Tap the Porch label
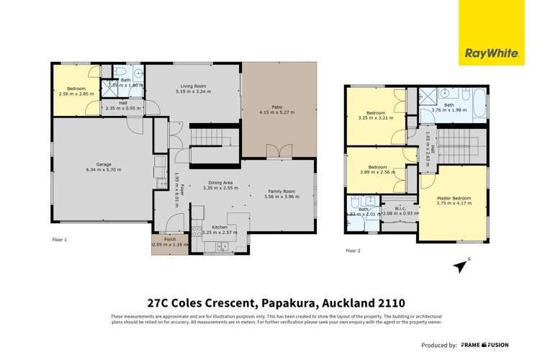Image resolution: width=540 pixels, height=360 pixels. pyautogui.click(x=169, y=239)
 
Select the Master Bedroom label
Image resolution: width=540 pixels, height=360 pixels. pyautogui.click(x=454, y=197)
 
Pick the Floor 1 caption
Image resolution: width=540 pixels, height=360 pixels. pyautogui.click(x=60, y=239)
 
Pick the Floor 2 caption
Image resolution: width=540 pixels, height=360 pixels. pyautogui.click(x=353, y=251)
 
